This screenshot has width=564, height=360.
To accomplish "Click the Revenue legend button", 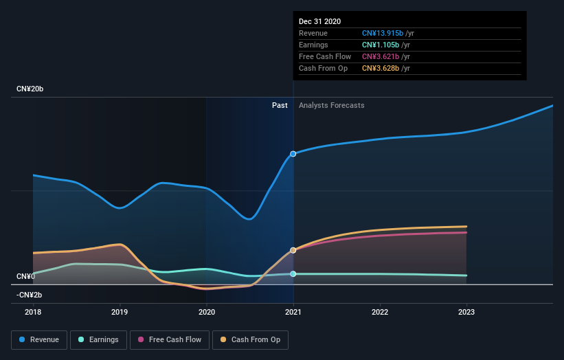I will pos(40,339).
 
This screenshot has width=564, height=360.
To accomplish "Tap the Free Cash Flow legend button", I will pos(169,339).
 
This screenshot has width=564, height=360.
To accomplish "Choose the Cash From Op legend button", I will pos(251,339).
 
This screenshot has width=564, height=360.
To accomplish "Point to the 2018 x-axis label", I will pos(33,312).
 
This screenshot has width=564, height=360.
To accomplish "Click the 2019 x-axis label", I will pos(120,312).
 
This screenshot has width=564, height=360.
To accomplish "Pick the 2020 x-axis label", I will pos(206,312).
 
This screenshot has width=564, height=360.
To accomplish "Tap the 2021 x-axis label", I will pos(293,312).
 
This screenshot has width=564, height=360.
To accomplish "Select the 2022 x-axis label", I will pos(380,312).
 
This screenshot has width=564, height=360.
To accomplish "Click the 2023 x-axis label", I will pos(466,312).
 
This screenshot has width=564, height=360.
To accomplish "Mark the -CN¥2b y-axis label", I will pos(30,295).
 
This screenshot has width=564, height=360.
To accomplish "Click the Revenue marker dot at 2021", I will pos(293,154).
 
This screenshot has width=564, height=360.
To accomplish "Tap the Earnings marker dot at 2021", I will pos(293,274).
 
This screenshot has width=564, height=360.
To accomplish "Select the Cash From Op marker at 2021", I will pos(293,250).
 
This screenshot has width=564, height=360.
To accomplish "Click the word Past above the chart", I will pos(280,105).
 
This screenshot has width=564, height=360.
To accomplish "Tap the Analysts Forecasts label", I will pos(331,105).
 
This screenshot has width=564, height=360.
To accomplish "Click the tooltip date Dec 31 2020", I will pos(319,22).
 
